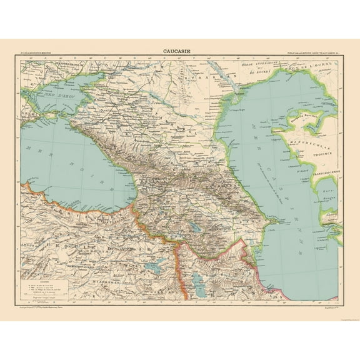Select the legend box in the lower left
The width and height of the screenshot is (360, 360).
coord(41,275)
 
